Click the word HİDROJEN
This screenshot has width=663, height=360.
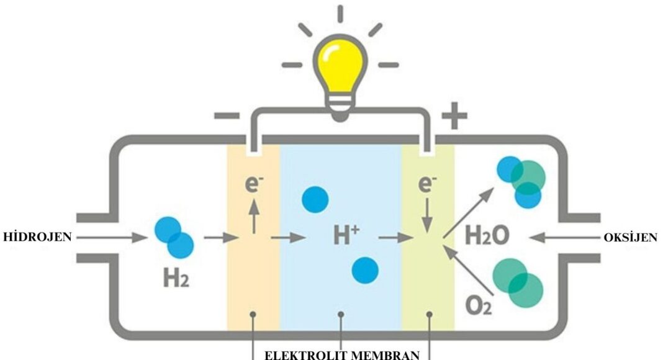coord(37,236)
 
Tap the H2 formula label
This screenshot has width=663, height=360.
coord(176,279)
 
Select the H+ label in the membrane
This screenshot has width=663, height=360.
coord(346,235)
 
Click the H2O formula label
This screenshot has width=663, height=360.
coord(488,235)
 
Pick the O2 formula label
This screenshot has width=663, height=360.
coord(478,305)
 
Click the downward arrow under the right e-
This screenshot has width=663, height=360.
coord(428,218)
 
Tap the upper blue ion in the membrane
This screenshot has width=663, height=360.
coord(315,199)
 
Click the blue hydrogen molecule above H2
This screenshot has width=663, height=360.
coord(174,237)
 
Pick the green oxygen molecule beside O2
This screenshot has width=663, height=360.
coord(518,284)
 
